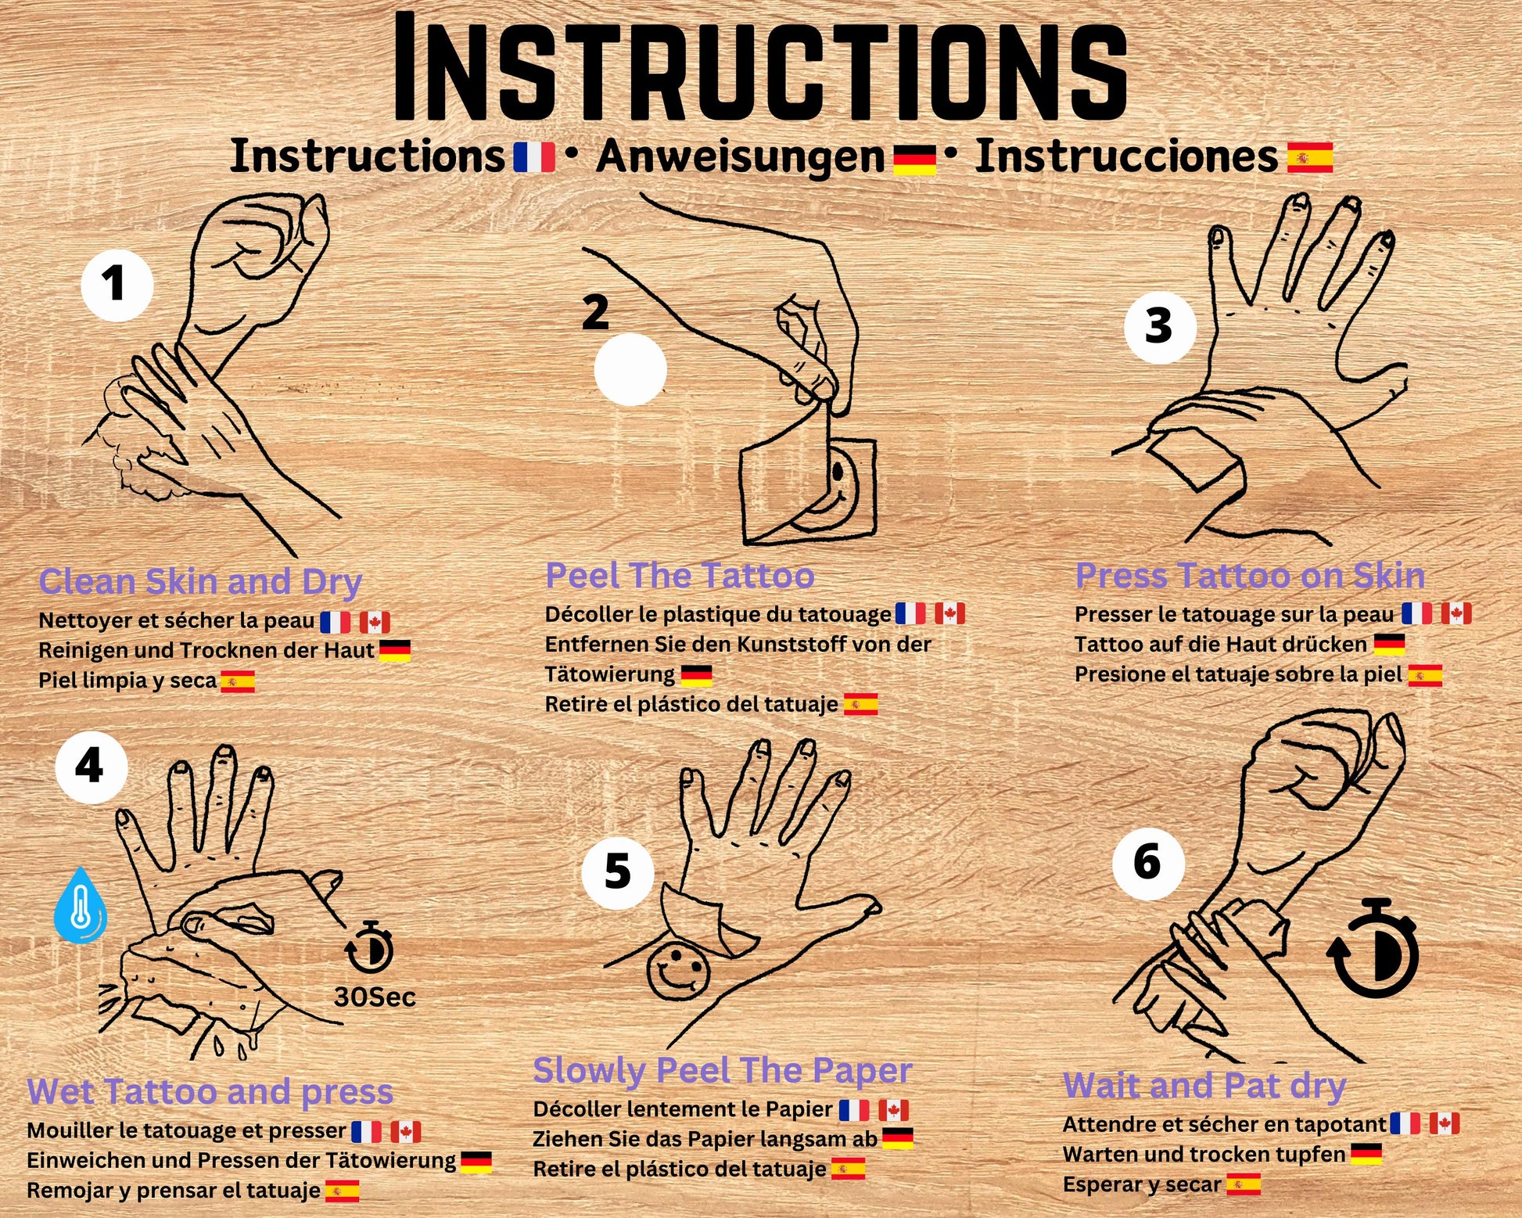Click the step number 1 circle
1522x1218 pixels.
coord(117,285)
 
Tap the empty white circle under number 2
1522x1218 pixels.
coord(630,369)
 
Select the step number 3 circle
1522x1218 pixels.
coord(1160,326)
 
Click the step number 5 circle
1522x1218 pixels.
coord(618,872)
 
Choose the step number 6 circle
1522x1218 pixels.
coord(1148,864)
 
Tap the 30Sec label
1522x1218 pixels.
coord(375,997)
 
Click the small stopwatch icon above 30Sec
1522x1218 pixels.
coord(369,947)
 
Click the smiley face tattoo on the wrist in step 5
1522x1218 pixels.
coord(678,972)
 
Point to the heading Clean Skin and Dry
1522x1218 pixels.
coord(200,582)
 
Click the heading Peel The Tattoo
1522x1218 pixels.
coord(680,576)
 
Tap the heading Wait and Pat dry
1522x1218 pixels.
coord(1204,1086)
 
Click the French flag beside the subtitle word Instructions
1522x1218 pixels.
coord(534,156)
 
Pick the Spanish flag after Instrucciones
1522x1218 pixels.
coord(1310,156)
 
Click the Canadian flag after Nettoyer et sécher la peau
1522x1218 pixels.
coord(375,622)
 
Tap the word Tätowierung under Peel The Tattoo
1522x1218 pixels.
coord(610,674)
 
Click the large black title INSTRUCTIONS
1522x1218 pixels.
coord(760,68)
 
